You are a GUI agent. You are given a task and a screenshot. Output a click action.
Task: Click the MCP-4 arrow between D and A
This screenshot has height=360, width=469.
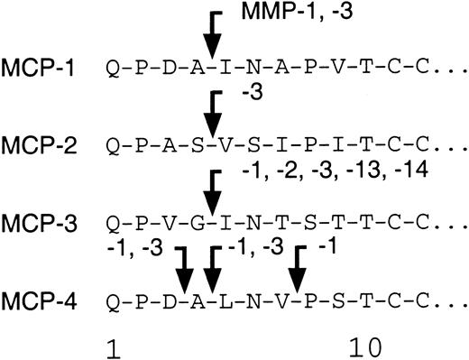(x=185, y=268)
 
